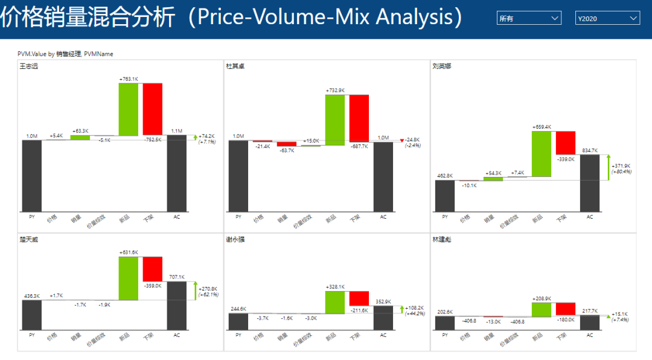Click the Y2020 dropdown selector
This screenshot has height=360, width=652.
[x=607, y=19]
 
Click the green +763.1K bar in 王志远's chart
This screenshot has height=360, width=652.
[x=128, y=109]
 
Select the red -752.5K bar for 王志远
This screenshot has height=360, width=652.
[x=152, y=109]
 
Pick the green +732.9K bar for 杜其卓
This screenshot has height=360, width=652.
[x=334, y=120]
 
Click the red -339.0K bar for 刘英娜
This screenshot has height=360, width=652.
[x=566, y=143]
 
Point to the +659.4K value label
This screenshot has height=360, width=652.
[x=542, y=127]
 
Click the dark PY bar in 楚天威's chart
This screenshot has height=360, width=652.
[x=31, y=315]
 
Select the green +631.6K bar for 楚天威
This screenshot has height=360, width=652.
[x=128, y=278]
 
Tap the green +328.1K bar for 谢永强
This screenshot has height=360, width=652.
[x=334, y=303]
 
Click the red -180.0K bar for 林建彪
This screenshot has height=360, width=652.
[x=566, y=309]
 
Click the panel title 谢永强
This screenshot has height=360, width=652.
[x=236, y=240]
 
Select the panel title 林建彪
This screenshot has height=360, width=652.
[x=442, y=240]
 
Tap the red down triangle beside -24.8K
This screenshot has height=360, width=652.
[x=402, y=141]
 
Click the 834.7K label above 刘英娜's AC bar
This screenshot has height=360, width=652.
[x=590, y=150]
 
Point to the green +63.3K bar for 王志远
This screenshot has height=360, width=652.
[x=80, y=137]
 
